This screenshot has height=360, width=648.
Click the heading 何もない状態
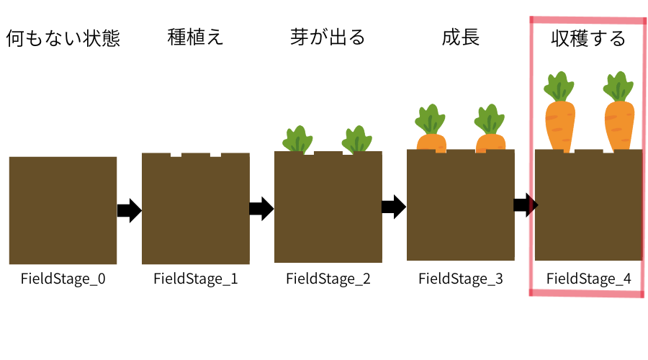pyautogui.click(x=63, y=39)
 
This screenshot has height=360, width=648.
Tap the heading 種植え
pyautogui.click(x=195, y=37)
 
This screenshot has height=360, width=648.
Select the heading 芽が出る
pyautogui.click(x=328, y=37)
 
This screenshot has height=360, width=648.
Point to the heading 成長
pyautogui.click(x=461, y=37)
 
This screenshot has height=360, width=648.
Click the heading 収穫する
pyautogui.click(x=588, y=39)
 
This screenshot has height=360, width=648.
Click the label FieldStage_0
pyautogui.click(x=63, y=278)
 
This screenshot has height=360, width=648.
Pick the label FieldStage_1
pyautogui.click(x=196, y=279)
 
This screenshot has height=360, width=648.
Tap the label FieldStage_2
pyautogui.click(x=328, y=279)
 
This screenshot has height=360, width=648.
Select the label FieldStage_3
pyautogui.click(x=461, y=279)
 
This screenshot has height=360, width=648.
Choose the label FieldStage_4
pyautogui.click(x=589, y=279)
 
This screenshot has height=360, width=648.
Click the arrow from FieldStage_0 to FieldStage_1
pyautogui.click(x=129, y=211)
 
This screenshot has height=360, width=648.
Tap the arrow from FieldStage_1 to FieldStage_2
pyautogui.click(x=261, y=210)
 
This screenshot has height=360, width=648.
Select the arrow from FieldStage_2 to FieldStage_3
pyautogui.click(x=394, y=208)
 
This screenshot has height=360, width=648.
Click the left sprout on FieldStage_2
pyautogui.click(x=297, y=139)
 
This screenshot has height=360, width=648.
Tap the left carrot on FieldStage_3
pyautogui.click(x=431, y=130)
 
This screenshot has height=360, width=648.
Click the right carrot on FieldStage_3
pyautogui.click(x=490, y=130)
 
